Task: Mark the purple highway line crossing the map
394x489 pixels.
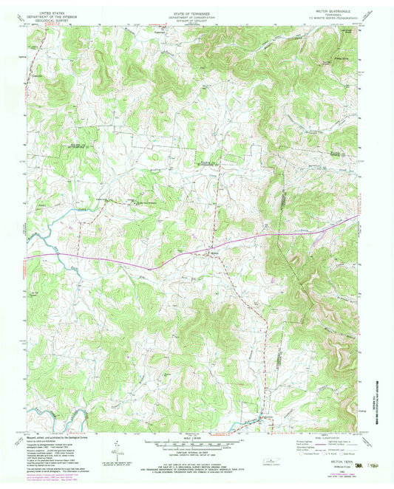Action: [x=111, y=261]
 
